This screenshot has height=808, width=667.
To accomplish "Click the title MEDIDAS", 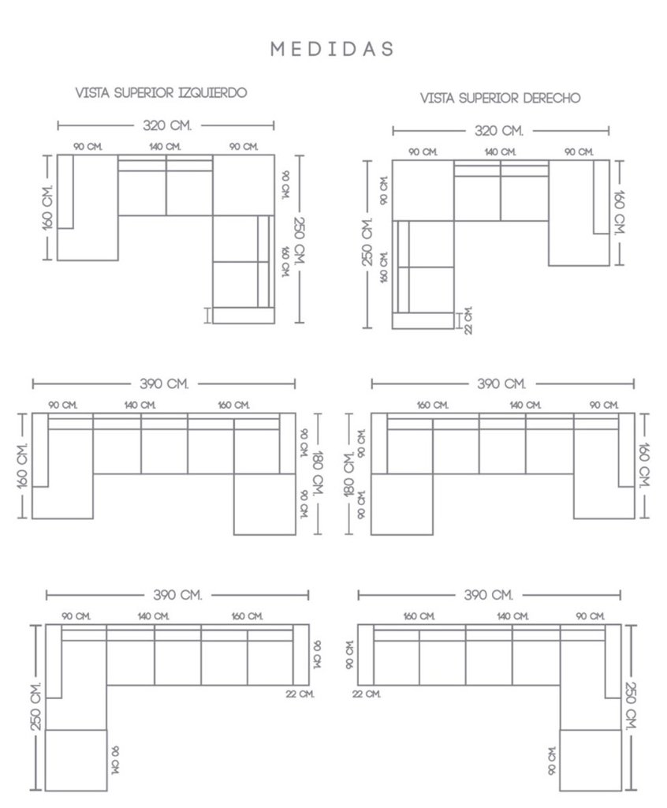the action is click(x=332, y=49).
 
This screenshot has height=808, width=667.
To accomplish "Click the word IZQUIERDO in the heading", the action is click(x=212, y=93).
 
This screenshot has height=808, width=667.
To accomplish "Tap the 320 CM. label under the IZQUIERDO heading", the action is click(x=167, y=125).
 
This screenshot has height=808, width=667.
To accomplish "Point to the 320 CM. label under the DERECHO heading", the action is click(x=498, y=130).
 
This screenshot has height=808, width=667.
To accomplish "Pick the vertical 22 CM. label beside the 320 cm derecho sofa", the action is click(x=468, y=320).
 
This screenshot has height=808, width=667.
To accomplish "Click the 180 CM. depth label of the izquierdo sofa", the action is click(x=318, y=473).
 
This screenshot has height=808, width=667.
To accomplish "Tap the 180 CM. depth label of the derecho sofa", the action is click(x=349, y=474).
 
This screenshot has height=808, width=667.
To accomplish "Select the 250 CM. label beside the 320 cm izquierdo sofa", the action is click(x=300, y=240).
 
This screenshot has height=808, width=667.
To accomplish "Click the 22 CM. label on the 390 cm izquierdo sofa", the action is click(x=300, y=694).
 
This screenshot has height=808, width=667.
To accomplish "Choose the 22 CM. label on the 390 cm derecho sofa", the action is click(x=366, y=694).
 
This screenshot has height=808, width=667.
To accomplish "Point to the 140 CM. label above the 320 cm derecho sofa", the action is click(x=500, y=152).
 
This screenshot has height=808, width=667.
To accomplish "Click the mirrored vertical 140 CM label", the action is click(x=115, y=760).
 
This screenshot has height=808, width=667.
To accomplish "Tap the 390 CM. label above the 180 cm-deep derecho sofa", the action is click(x=501, y=384).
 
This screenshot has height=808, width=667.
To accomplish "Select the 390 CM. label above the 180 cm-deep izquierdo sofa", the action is click(x=164, y=384).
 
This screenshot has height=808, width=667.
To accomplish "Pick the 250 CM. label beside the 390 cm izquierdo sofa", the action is click(x=35, y=706).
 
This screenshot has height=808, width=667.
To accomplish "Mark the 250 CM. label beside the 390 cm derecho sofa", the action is click(x=631, y=706).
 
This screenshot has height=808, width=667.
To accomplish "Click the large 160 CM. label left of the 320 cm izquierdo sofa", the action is click(x=47, y=207).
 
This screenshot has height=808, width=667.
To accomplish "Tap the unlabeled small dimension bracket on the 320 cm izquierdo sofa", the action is click(x=207, y=316).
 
